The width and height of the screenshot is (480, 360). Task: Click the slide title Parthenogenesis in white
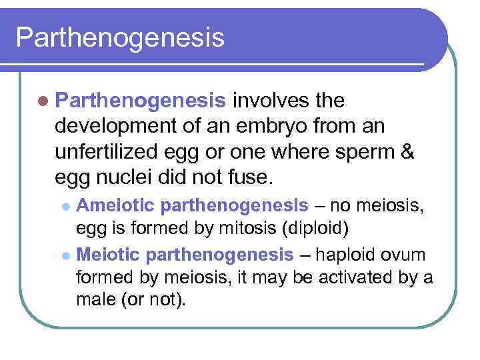point(120,37)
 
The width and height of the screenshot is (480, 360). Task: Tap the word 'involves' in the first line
point(267,101)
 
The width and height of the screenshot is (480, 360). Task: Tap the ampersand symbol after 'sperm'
point(407,152)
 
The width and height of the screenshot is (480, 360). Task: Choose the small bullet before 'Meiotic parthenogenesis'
point(65,255)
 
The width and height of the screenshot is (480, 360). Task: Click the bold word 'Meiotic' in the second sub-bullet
point(109,254)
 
